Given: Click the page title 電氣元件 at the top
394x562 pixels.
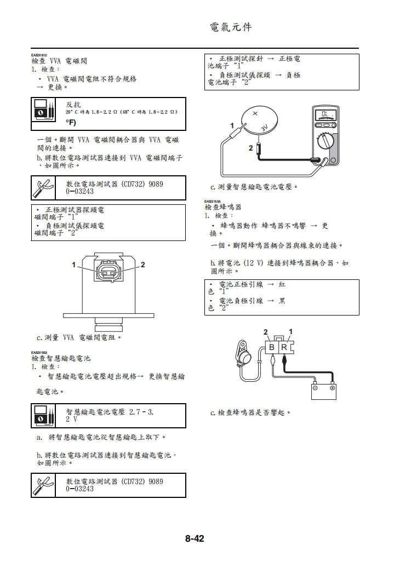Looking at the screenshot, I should [x=231, y=27].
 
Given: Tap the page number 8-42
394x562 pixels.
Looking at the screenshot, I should [x=194, y=539].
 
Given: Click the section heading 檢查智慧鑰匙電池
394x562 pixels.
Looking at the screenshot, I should [x=61, y=358].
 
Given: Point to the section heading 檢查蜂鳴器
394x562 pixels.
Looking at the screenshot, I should [x=222, y=208].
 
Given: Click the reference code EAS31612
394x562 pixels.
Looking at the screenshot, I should [x=39, y=55].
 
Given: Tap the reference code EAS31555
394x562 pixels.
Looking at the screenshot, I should [x=212, y=202].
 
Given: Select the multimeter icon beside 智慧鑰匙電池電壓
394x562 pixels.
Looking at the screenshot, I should [x=43, y=415].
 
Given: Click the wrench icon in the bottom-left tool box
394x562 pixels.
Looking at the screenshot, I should [x=43, y=485].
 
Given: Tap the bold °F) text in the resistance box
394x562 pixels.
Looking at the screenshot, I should [x=71, y=122].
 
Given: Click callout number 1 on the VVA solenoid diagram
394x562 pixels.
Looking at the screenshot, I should [x=73, y=265].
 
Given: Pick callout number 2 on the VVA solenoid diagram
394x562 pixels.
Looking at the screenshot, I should [x=142, y=265].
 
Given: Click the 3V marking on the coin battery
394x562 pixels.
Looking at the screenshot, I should [x=264, y=127].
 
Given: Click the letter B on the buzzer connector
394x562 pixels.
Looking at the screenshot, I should [x=272, y=348].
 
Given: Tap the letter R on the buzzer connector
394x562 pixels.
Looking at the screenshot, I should [x=284, y=348].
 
